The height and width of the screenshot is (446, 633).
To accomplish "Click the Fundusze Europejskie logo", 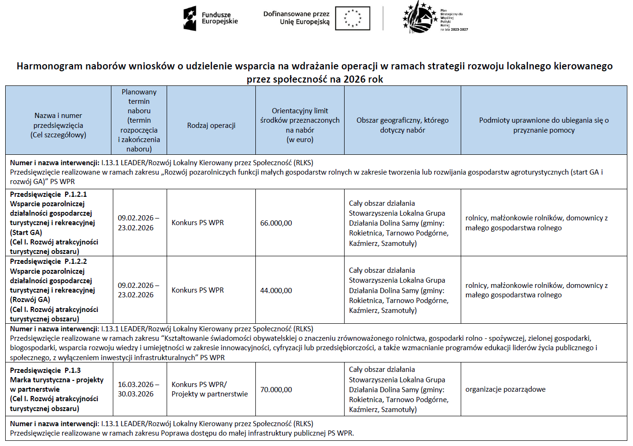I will pyautogui.click(x=210, y=18).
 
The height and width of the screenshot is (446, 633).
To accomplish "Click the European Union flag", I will pyautogui.click(x=353, y=18).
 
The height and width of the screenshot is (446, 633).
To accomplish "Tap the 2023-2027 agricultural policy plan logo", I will pyautogui.click(x=434, y=18).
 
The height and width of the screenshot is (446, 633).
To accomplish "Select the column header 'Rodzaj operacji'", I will pyautogui.click(x=211, y=125).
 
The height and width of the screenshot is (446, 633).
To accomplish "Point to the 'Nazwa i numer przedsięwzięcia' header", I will pyautogui.click(x=58, y=125).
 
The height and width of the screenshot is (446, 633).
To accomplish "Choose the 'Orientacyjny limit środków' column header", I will pyautogui.click(x=300, y=125).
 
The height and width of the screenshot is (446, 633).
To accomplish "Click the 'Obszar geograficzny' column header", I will pyautogui.click(x=402, y=125).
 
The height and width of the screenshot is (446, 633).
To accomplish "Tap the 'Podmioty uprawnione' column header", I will pyautogui.click(x=544, y=125).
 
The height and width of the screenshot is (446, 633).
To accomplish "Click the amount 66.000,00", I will pyautogui.click(x=276, y=223).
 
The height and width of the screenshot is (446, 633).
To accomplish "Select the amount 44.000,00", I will pyautogui.click(x=276, y=290).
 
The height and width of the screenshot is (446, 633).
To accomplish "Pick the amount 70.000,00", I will pyautogui.click(x=276, y=389).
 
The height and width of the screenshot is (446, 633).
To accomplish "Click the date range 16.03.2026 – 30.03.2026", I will pyautogui.click(x=138, y=389).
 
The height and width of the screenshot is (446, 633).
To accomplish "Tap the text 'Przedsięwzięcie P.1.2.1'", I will pyautogui.click(x=49, y=194).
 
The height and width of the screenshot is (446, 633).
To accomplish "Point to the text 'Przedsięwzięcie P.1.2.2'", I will pyautogui.click(x=49, y=261).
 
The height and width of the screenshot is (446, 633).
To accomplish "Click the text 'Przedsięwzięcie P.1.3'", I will pyautogui.click(x=45, y=370).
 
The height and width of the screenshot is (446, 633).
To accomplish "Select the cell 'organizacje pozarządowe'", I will pyautogui.click(x=505, y=389).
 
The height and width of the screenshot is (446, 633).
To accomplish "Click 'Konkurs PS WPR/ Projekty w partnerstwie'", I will pyautogui.click(x=209, y=389).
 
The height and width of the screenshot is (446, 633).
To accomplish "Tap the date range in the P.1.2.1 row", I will pyautogui.click(x=138, y=223).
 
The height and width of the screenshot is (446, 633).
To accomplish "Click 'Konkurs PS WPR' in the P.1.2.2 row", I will pyautogui.click(x=197, y=290).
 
